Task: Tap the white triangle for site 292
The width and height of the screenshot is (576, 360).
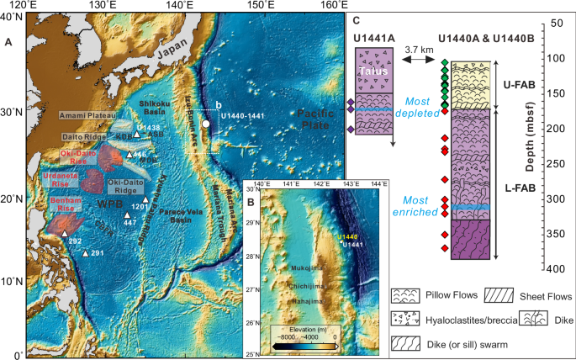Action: pos(64,235)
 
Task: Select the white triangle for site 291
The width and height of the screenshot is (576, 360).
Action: pos(85,253)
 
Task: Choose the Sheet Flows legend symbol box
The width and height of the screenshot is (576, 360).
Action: pos(496,296)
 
